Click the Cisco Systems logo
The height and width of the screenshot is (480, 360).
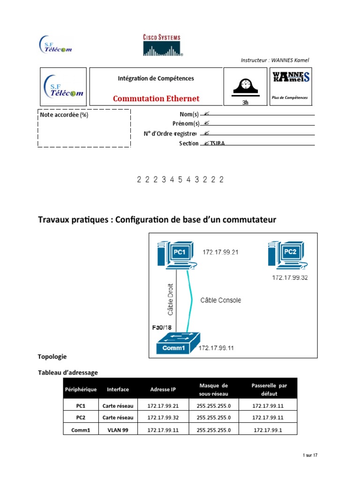[x=162, y=45]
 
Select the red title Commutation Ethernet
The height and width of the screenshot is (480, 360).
[x=156, y=98]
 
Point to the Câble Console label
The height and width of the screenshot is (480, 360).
[x=221, y=300]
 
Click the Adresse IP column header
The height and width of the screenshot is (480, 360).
[x=163, y=389]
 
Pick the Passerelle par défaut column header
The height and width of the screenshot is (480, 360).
[x=269, y=389]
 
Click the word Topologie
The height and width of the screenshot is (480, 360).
[x=52, y=357]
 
